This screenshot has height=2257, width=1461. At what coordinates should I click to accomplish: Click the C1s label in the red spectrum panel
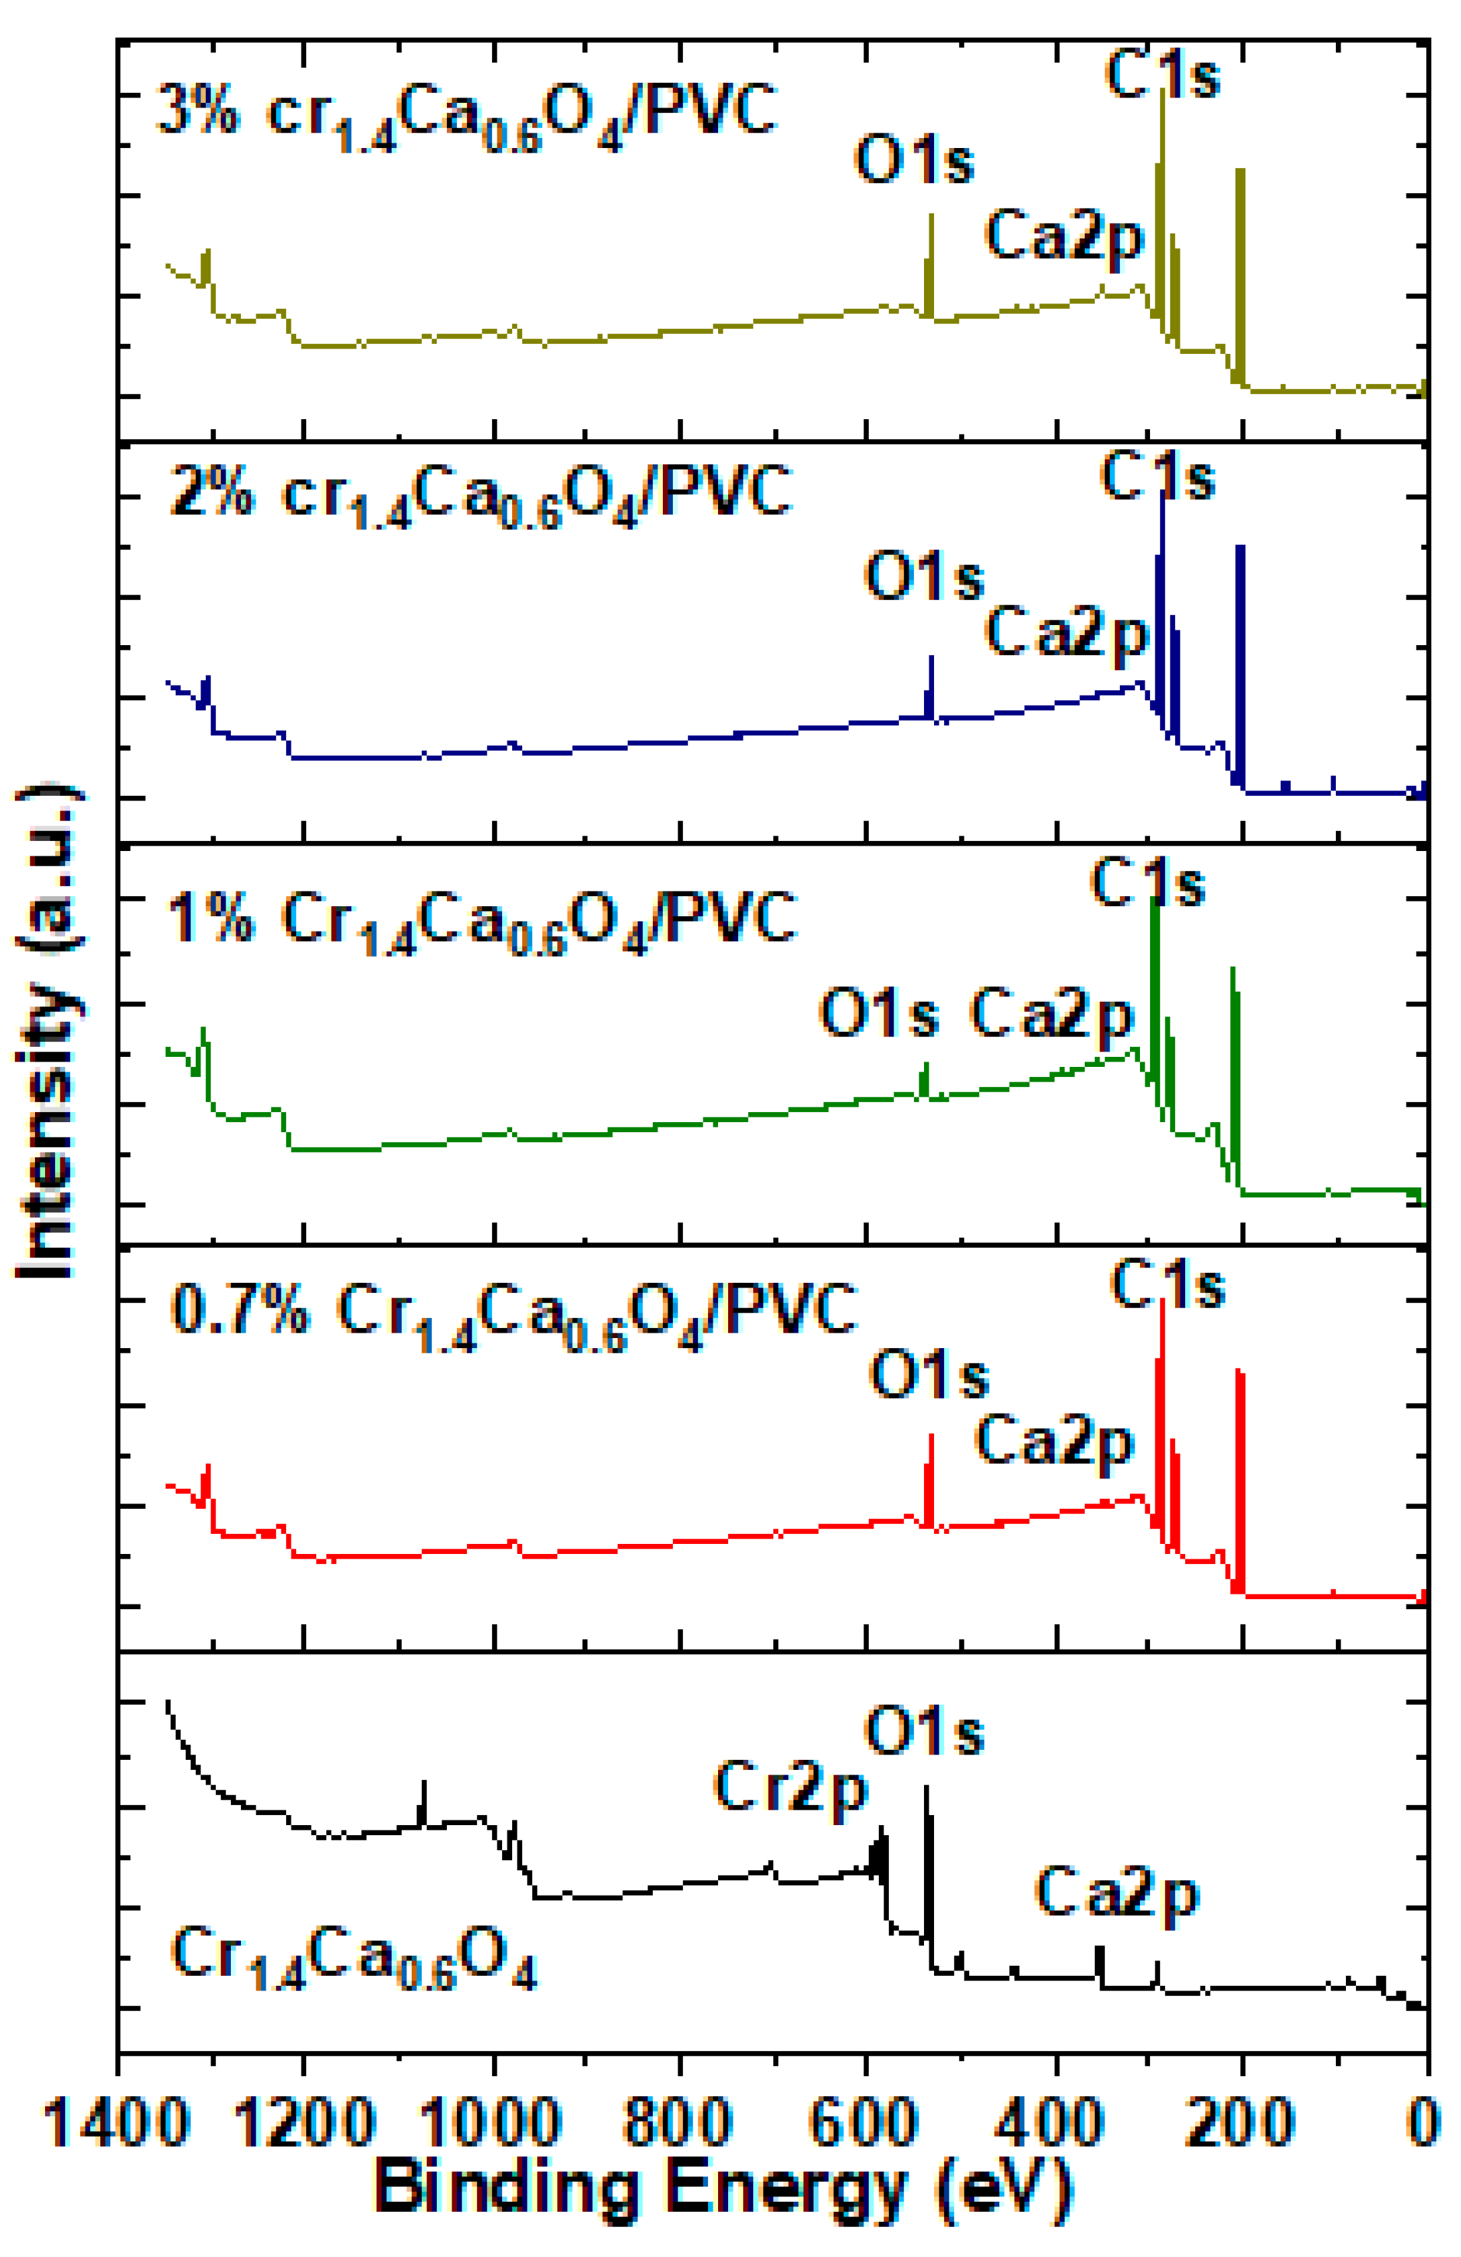click(1167, 1287)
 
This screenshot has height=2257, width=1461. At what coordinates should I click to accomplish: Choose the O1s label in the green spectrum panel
click(878, 1013)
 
